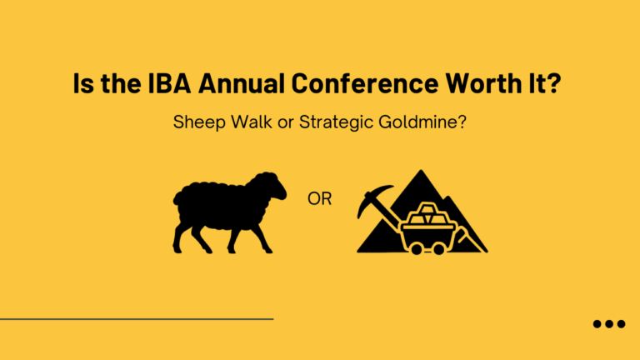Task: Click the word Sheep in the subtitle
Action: pos(197,121)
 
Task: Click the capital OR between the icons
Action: pos(319,201)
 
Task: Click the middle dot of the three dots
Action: pos(609,324)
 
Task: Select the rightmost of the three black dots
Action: pos(621,324)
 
